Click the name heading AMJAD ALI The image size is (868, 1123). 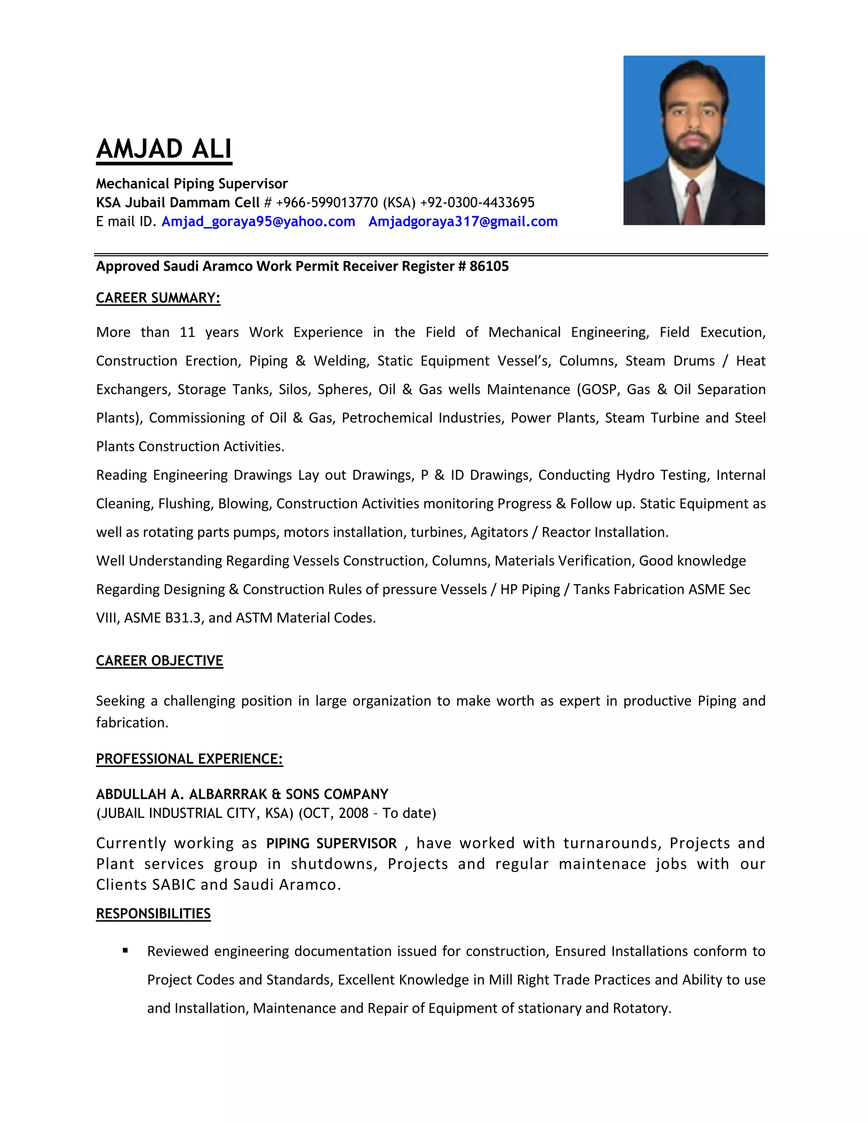pos(164,149)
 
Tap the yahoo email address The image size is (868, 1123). pos(258,222)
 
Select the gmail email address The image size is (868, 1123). pos(463,222)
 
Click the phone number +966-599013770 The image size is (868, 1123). pos(327,203)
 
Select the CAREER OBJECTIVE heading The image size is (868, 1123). pos(159,661)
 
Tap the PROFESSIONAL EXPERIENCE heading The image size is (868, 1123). pos(189,759)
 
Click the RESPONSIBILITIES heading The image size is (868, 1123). pos(153,914)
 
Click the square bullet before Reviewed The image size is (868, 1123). pos(125,951)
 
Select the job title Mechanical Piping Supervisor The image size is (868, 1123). pos(192,183)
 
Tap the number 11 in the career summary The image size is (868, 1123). pos(187,333)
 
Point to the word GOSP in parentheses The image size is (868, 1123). pos(598,390)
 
